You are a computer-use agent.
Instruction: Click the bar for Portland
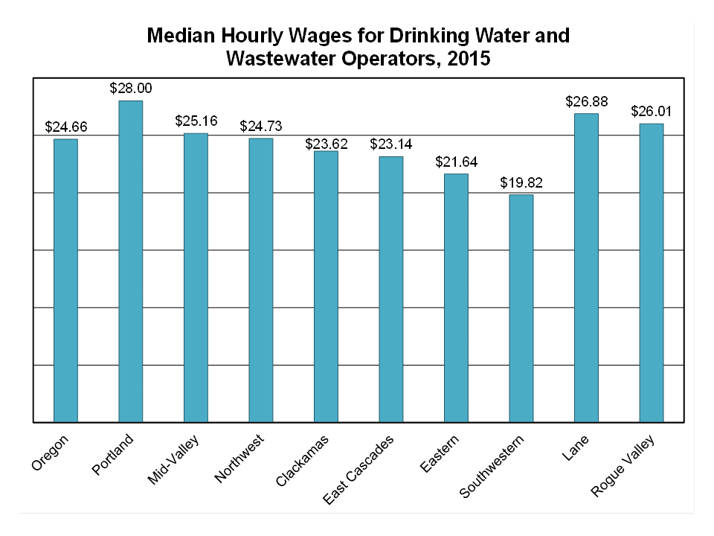131,261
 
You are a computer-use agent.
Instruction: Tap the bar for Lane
586,267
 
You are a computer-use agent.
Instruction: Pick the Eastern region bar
456,297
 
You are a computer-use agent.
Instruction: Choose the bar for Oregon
65,280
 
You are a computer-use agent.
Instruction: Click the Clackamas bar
326,286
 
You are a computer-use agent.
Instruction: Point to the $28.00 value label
131,89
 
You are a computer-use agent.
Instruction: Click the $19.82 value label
521,182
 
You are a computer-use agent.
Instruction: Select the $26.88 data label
586,101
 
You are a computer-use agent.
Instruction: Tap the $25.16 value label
196,121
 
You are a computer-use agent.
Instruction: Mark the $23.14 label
391,144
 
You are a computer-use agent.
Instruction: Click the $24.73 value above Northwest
261,126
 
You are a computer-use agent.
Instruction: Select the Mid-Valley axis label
173,462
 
